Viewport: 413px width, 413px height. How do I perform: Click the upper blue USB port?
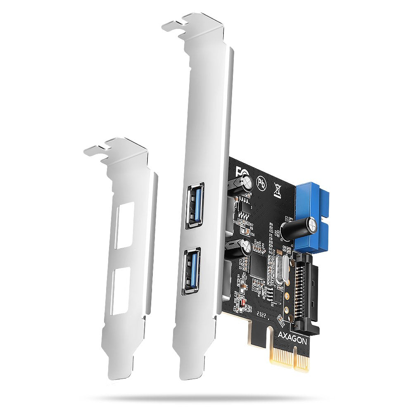[x=194, y=206]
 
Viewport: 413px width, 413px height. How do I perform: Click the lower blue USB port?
[x=191, y=271]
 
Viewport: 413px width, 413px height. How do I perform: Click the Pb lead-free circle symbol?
[x=261, y=182]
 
